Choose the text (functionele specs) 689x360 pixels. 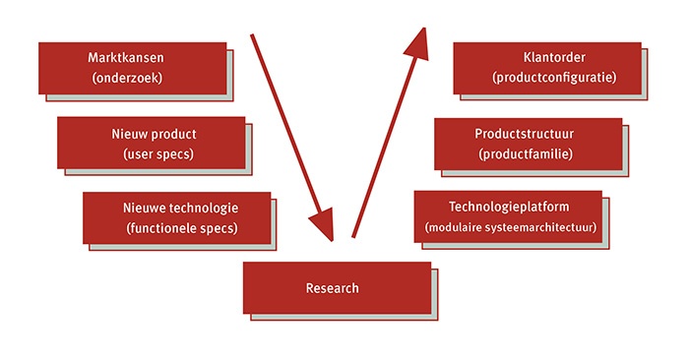pyautogui.click(x=183, y=228)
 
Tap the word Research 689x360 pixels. pyautogui.click(x=333, y=288)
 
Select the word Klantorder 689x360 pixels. pyautogui.click(x=555, y=56)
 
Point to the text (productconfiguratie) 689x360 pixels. pyautogui.click(x=554, y=76)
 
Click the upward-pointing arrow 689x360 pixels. pyautogui.click(x=387, y=138)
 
